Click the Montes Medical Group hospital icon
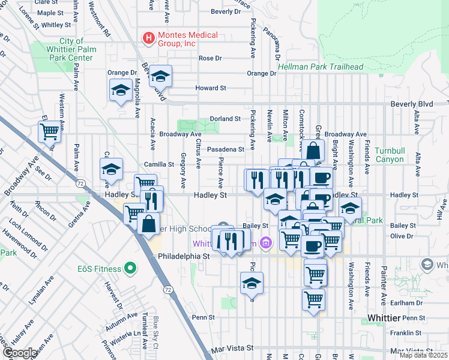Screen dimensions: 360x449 point(148,39)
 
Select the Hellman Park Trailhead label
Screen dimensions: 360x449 point(321,66)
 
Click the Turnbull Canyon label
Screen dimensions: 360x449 point(393,154)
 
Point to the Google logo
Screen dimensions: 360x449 point(19,353)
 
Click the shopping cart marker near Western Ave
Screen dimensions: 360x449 point(50,131)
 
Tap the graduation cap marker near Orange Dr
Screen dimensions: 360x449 point(121,90)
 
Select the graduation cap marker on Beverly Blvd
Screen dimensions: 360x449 point(160,76)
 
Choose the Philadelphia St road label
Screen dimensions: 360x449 point(182,255)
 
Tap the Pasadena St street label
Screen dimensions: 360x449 point(226,149)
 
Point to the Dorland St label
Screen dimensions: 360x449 point(225,119)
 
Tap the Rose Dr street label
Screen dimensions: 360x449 point(210,58)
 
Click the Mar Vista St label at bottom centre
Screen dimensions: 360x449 point(232,348)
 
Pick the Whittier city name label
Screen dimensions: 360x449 point(384,317)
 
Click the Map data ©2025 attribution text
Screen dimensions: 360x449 point(423,355)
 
